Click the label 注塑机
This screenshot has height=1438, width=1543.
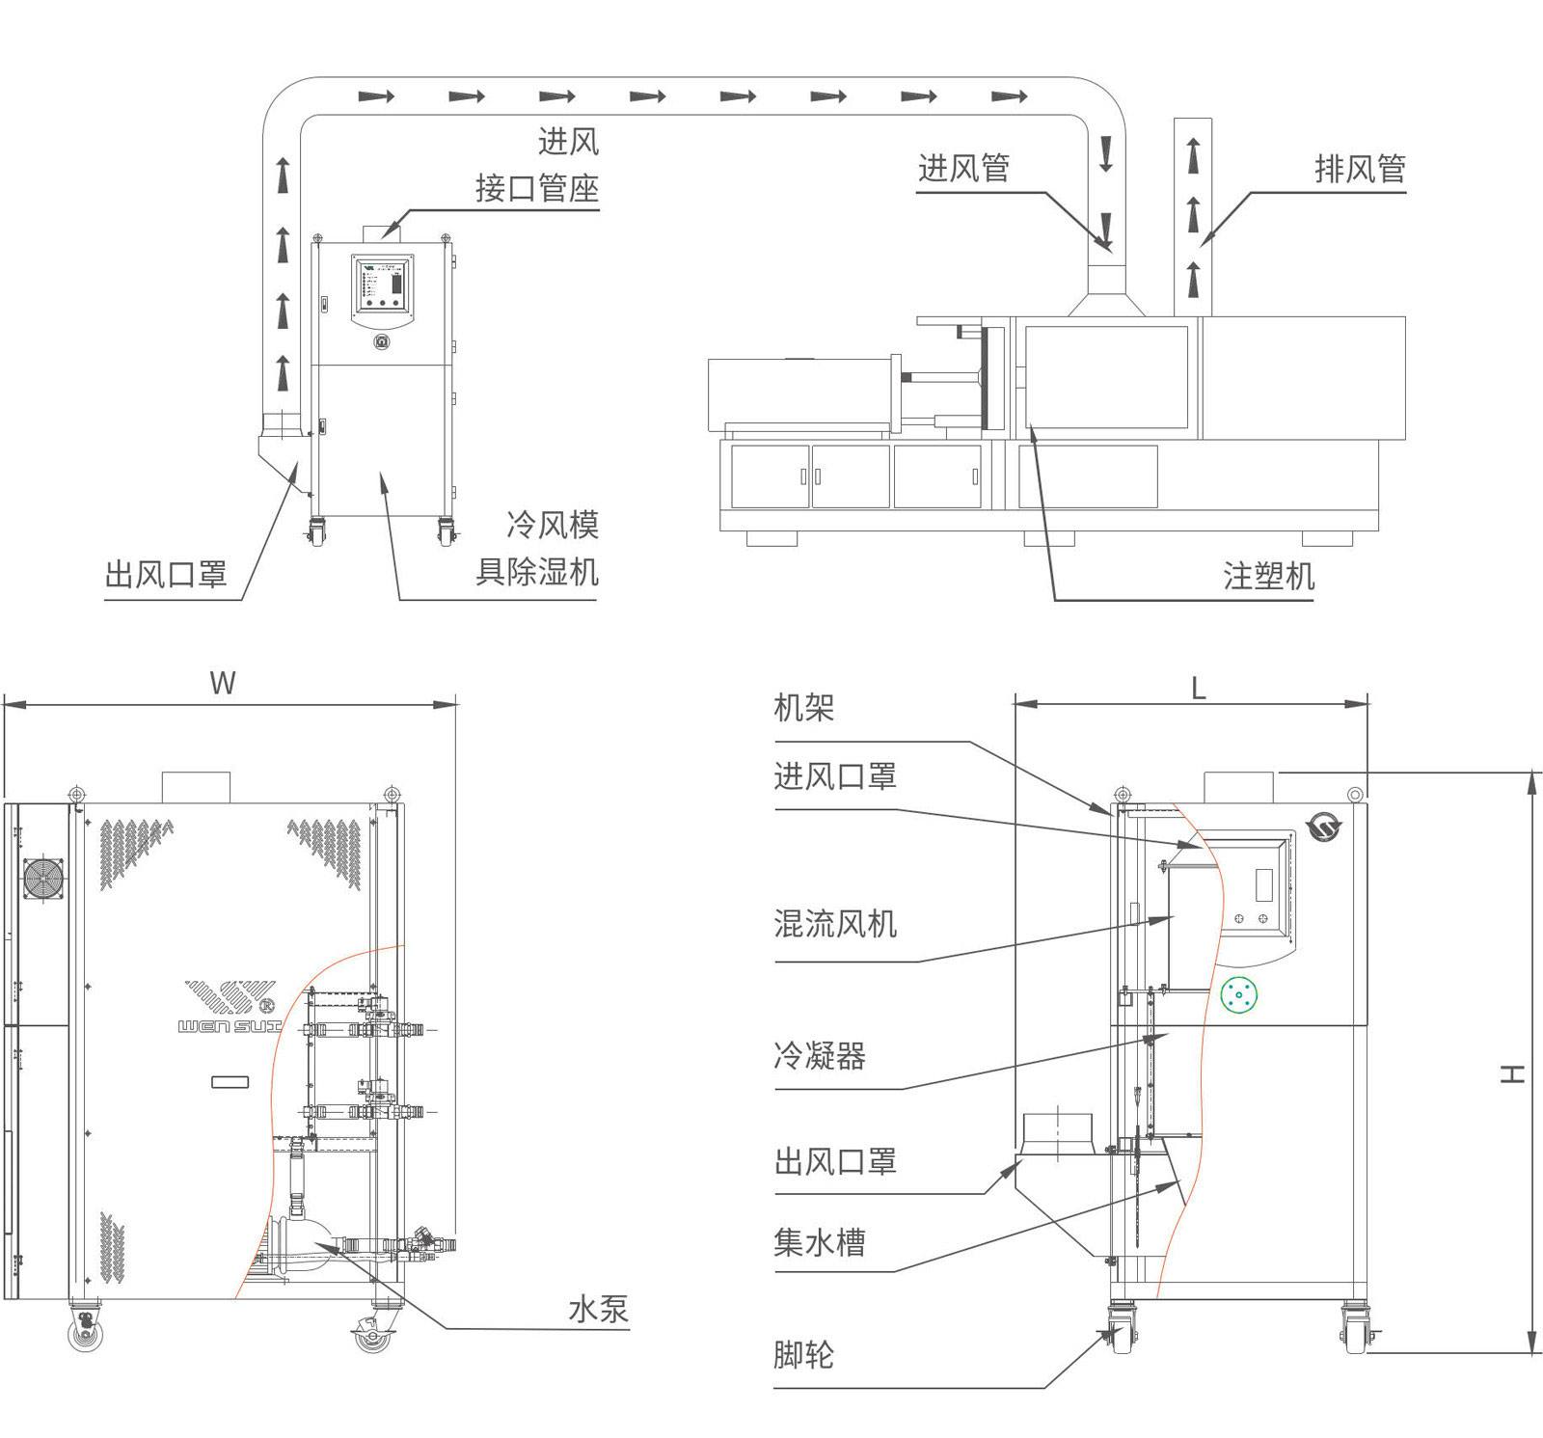pos(1267,576)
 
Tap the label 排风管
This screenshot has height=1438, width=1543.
pos(1360,169)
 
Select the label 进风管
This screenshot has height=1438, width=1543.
pos(963,168)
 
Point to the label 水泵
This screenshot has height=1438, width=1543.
pos(598,1310)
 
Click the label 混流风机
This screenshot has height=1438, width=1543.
pos(835,924)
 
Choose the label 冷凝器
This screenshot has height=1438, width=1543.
pos(819,1056)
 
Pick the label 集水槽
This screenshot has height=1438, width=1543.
pos(819,1242)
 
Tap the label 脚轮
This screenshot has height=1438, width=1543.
pos(803,1355)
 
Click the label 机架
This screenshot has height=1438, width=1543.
pos(803,709)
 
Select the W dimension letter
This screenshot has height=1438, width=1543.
pos(223,684)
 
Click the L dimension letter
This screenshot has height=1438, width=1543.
pos(1198,688)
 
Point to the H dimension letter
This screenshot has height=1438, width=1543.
pos(1511,1073)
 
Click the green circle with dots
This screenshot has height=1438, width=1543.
pos(1239,995)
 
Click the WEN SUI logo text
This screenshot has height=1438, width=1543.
pos(230,1027)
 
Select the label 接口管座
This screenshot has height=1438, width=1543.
pos(536,188)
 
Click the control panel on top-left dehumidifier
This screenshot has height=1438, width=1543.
pos(383,285)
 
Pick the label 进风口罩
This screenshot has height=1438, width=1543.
pos(835,776)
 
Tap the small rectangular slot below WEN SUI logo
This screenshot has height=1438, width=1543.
pos(230,1082)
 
